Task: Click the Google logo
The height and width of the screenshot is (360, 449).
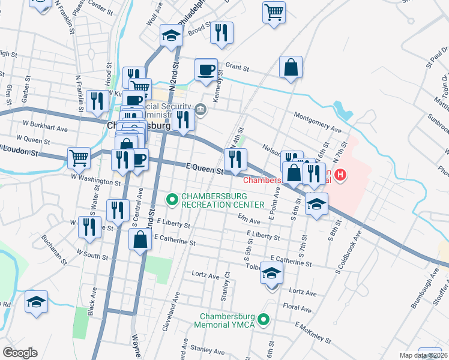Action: pyautogui.click(x=20, y=353)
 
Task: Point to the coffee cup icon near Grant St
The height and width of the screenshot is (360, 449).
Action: pyautogui.click(x=206, y=70)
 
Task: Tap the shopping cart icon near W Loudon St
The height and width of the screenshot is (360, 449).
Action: pyautogui.click(x=79, y=158)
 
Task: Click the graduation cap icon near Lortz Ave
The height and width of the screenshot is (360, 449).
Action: pyautogui.click(x=271, y=273)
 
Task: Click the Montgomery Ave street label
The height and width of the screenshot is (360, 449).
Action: pyautogui.click(x=317, y=122)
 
